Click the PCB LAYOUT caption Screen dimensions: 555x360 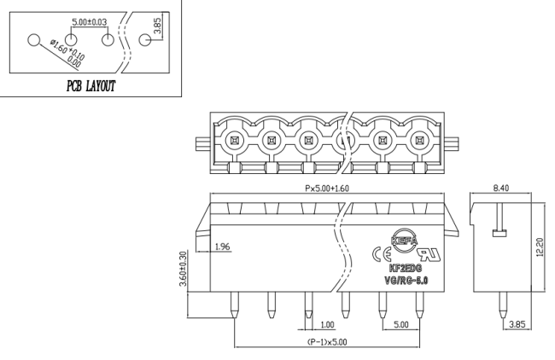91,86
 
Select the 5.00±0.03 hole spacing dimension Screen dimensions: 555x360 89,22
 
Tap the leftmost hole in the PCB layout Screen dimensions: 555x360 34,40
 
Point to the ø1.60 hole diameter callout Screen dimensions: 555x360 67,54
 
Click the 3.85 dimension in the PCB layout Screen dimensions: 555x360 157,26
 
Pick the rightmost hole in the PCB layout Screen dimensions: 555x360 145,40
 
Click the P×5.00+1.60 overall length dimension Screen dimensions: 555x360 327,189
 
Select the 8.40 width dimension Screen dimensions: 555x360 501,188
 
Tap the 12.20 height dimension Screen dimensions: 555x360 539,247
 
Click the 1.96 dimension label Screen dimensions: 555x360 223,247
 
